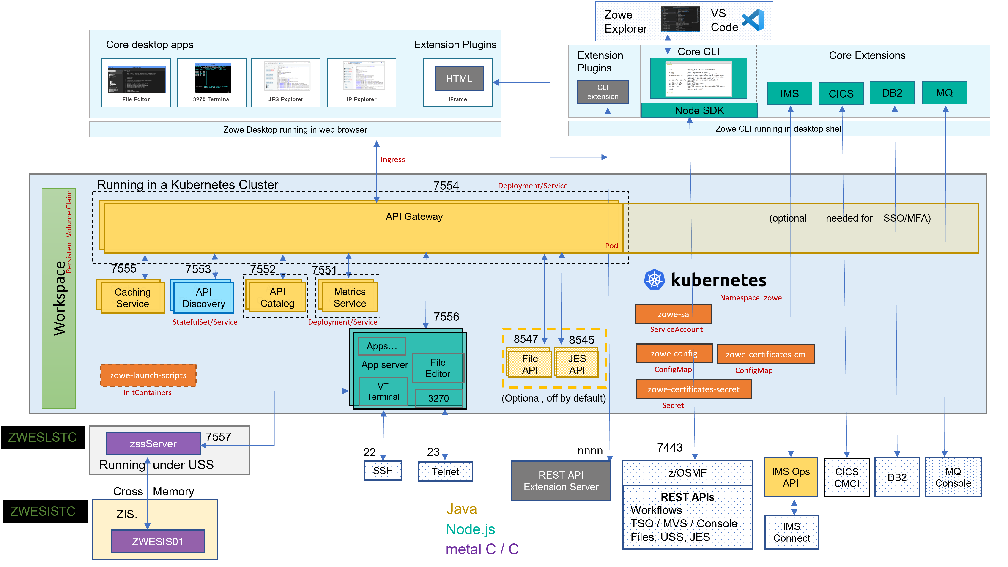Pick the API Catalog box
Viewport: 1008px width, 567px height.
(277, 297)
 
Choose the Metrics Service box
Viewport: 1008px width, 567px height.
(349, 297)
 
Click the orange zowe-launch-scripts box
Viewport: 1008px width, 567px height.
(148, 375)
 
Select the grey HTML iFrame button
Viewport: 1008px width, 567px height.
(459, 78)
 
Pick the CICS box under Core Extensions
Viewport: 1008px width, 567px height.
(841, 93)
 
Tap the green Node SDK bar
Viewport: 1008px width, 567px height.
(699, 110)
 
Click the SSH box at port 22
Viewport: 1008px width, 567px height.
(383, 471)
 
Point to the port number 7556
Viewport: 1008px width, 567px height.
(446, 317)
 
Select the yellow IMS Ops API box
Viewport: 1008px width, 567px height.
(790, 477)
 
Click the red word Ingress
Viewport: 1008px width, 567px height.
(392, 159)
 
